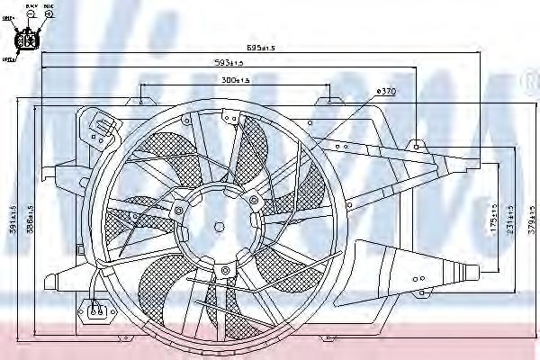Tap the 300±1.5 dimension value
[x=235, y=81]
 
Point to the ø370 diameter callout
[x=386, y=92]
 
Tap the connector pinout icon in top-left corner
[x=27, y=40]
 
